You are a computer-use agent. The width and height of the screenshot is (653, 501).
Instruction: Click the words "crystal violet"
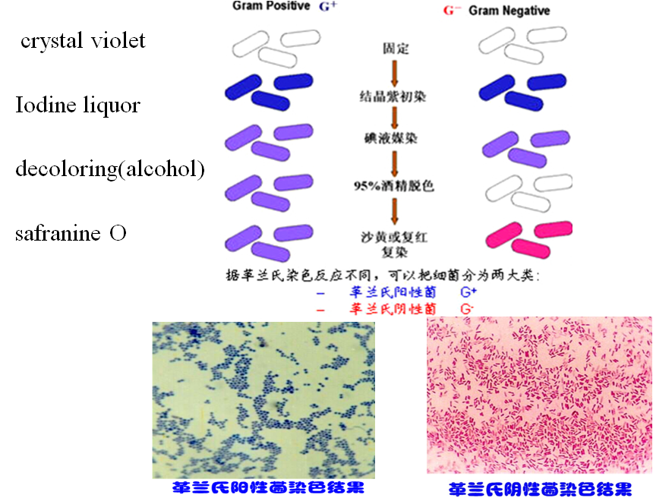pos(83,41)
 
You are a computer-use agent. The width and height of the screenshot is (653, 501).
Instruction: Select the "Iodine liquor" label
pos(77,105)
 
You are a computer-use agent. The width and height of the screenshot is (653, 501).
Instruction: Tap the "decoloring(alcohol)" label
pos(110,169)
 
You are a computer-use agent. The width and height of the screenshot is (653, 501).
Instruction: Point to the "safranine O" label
pos(71,233)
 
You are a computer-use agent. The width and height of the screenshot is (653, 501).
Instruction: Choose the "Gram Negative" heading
pos(509,11)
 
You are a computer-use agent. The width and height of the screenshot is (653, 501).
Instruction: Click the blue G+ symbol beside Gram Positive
pos(328,7)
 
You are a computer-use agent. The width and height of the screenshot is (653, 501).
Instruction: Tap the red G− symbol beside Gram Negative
pos(453,11)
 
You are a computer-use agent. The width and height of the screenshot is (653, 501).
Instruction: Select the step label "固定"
pos(395,49)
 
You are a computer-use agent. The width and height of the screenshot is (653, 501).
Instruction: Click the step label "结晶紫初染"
pos(395,96)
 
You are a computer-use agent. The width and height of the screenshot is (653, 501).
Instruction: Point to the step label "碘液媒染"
pos(395,140)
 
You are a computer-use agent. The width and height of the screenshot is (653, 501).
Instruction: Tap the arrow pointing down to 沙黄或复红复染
pos(395,210)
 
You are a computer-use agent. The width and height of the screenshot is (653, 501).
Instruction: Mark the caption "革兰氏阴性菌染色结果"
pos(540,489)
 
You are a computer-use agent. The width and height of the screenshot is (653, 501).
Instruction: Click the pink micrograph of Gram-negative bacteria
pos(539,395)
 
